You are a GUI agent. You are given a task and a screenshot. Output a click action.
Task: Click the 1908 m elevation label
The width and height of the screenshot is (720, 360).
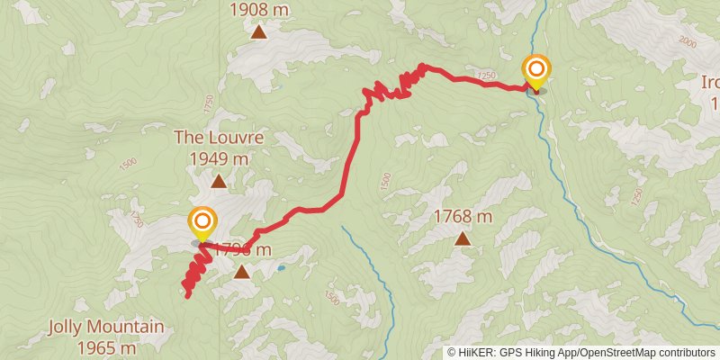tap(258, 10)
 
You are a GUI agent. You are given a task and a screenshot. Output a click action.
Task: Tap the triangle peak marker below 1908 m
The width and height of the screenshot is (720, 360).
tap(258, 32)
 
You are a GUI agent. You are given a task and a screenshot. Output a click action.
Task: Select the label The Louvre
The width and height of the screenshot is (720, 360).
tap(219, 139)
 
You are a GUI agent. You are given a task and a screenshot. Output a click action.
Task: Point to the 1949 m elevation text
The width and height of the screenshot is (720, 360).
tap(219, 158)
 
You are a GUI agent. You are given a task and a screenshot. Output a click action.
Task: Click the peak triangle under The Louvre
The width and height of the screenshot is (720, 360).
tap(219, 181)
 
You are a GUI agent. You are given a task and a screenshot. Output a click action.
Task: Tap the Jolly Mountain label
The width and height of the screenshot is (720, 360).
tap(106, 327)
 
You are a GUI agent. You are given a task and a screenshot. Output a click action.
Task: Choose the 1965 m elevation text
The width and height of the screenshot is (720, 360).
tap(106, 346)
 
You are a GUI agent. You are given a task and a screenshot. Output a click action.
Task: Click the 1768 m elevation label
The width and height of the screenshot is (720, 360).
tap(463, 217)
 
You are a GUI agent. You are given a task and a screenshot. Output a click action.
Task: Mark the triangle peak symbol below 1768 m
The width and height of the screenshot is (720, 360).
tap(463, 238)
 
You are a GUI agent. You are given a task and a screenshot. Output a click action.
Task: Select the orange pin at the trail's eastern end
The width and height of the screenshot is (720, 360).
tap(536, 71)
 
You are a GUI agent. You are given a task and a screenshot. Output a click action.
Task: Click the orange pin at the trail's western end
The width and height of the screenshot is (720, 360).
tap(202, 223)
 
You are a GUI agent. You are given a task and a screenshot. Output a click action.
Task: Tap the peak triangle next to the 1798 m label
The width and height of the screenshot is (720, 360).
tap(242, 270)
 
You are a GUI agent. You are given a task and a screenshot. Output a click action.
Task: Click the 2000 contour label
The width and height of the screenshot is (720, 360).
tap(689, 42)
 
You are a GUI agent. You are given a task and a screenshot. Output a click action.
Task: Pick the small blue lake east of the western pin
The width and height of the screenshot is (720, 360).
tap(282, 267)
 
